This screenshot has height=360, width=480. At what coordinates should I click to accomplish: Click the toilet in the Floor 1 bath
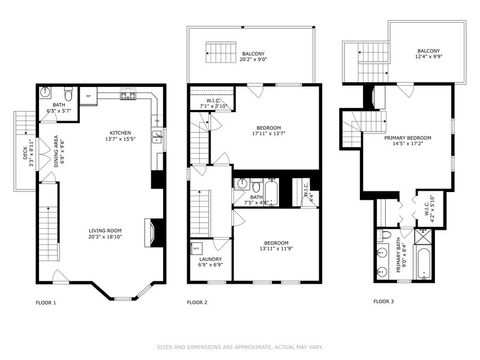pyautogui.click(x=65, y=97)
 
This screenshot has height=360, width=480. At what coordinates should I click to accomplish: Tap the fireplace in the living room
pyautogui.click(x=150, y=233)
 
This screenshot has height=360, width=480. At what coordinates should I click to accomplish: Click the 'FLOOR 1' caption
pyautogui.click(x=46, y=301)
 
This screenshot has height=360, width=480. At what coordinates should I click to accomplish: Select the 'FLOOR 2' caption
pyautogui.click(x=197, y=301)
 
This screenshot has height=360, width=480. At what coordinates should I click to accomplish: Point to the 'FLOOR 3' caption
pyautogui.click(x=384, y=301)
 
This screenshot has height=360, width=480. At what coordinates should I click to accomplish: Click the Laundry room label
pyautogui.click(x=211, y=262)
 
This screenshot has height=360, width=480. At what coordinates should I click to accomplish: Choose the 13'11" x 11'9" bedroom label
pyautogui.click(x=277, y=246)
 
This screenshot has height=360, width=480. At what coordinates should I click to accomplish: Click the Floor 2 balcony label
pyautogui.click(x=253, y=57)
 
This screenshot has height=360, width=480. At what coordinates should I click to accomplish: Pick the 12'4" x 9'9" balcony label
pyautogui.click(x=428, y=54)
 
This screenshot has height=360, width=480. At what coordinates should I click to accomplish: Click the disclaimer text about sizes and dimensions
pyautogui.click(x=240, y=347)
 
